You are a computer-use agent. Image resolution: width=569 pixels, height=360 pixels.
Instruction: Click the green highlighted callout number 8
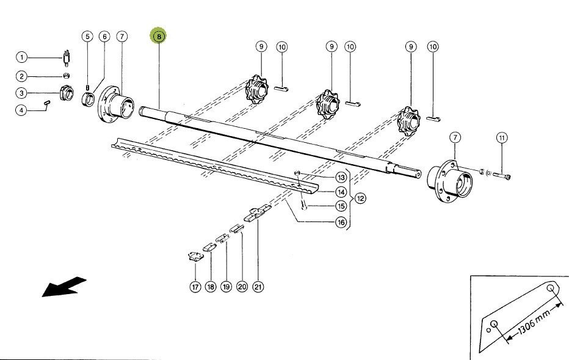(x=159, y=36)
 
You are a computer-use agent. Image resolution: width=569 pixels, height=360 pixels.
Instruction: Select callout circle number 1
(x=22, y=57)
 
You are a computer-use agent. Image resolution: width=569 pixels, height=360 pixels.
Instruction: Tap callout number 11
(x=502, y=138)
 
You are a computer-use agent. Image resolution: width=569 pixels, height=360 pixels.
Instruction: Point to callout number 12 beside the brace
(x=360, y=198)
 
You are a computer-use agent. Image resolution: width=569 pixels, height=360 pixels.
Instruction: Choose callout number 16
(x=341, y=222)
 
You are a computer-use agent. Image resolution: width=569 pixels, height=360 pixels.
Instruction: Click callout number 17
(x=195, y=287)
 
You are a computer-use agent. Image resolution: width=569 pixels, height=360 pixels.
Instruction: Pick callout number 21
(x=258, y=287)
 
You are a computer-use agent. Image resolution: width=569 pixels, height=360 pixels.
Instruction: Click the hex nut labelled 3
(x=67, y=93)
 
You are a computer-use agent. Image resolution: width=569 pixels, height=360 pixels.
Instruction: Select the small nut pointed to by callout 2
(x=67, y=76)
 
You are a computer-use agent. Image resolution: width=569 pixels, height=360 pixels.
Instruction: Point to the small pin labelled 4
(x=47, y=103)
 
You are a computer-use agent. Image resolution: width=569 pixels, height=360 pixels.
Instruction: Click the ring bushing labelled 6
(x=89, y=99)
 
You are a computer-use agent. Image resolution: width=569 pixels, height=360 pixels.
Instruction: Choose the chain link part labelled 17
(x=195, y=256)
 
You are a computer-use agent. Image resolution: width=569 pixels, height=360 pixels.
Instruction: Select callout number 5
(x=87, y=36)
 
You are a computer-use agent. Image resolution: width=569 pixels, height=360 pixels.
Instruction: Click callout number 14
(x=341, y=192)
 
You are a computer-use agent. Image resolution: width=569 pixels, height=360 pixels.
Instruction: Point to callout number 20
(x=242, y=287)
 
